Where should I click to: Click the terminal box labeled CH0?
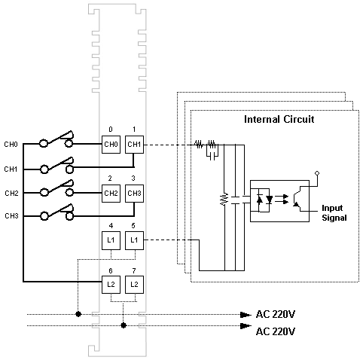[x=111, y=145]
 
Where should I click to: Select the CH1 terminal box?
[x=134, y=145]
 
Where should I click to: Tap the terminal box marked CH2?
[x=111, y=194]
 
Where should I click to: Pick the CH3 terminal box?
[x=134, y=194]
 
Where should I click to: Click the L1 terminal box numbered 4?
[x=111, y=240]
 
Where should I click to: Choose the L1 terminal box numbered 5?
[x=134, y=240]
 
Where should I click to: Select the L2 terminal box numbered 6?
[x=111, y=285]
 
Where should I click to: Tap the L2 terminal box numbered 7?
[x=134, y=285]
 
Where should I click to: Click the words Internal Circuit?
[x=279, y=119]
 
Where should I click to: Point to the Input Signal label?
[x=334, y=213]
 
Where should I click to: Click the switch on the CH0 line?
[x=56, y=139]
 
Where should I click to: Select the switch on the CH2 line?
[x=56, y=188]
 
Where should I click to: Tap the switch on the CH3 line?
[x=56, y=212]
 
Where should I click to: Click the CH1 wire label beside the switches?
[x=11, y=169]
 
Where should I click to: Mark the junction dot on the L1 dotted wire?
[x=78, y=314]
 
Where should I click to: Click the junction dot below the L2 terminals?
[x=124, y=325]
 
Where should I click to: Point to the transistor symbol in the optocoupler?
[x=300, y=199]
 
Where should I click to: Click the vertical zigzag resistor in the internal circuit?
[x=224, y=200]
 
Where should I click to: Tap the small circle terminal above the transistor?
[x=317, y=173]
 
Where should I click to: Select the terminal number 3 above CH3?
[x=133, y=178]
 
